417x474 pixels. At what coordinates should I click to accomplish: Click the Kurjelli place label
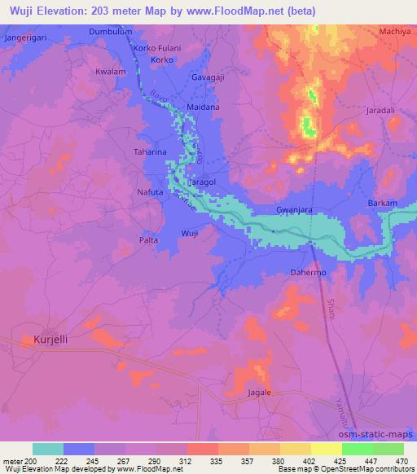click(53, 338)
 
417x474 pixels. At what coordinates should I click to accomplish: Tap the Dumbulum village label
click(111, 33)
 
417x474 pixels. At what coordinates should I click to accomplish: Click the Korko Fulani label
click(156, 49)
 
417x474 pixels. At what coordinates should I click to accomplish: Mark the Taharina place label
click(150, 152)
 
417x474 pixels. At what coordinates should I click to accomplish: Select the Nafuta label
click(151, 192)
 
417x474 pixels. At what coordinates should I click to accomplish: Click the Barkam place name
click(382, 203)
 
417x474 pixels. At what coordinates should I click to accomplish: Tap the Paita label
click(148, 240)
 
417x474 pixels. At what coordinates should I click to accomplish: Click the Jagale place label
click(258, 393)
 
